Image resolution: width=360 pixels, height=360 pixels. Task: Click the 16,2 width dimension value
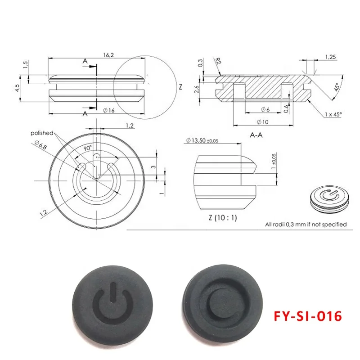[108, 55]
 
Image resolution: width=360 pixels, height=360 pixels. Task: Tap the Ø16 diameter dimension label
[109, 110]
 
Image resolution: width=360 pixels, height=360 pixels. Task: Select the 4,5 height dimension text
[17, 88]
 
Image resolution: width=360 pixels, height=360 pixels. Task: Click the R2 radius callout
[218, 61]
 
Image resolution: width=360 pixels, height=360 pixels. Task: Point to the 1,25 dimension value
[330, 57]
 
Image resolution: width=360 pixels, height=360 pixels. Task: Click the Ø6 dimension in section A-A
[265, 109]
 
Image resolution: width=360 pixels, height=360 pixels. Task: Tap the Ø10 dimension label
[262, 122]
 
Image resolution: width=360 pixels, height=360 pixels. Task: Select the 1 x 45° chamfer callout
[333, 114]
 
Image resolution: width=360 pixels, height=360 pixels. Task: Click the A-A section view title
[256, 135]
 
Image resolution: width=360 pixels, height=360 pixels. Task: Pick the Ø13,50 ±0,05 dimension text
[202, 140]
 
